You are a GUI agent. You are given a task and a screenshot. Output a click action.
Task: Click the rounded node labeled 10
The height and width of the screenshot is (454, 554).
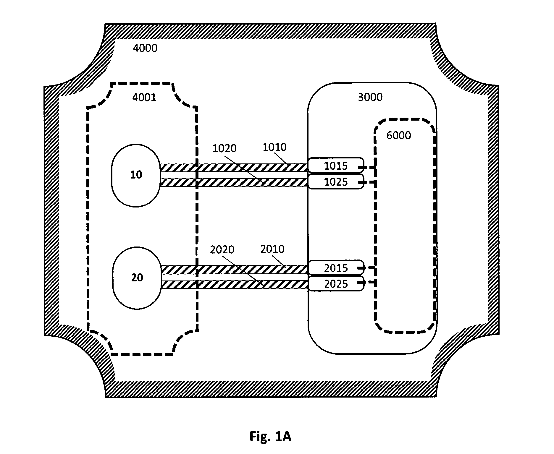pyautogui.click(x=136, y=175)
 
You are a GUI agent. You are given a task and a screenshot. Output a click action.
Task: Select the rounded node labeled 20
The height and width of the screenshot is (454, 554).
pyautogui.click(x=137, y=278)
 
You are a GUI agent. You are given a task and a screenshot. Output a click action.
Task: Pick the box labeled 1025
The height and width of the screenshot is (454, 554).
pyautogui.click(x=336, y=181)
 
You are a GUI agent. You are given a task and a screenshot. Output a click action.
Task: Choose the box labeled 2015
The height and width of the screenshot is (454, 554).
pyautogui.click(x=336, y=268)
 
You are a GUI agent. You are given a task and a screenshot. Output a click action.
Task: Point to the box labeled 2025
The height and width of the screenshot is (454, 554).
pyautogui.click(x=336, y=284)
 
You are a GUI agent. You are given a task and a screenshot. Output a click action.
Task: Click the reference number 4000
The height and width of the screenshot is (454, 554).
pyautogui.click(x=145, y=48)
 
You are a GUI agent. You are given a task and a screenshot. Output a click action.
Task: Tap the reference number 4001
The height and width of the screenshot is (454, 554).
pyautogui.click(x=144, y=97)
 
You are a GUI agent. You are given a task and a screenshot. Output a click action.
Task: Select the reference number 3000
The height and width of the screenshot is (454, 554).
pyautogui.click(x=370, y=97)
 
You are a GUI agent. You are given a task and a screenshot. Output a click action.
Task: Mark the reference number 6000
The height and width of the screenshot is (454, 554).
pyautogui.click(x=399, y=135)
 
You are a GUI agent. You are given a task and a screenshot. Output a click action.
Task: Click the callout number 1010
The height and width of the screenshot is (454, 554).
pyautogui.click(x=275, y=147)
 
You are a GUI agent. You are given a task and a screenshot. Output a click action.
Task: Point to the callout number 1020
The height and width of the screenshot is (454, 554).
pyautogui.click(x=224, y=148)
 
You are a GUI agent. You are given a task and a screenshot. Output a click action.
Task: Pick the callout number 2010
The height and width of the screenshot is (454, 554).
pyautogui.click(x=272, y=249)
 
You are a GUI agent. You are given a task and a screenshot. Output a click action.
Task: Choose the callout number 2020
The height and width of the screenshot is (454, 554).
pyautogui.click(x=222, y=250)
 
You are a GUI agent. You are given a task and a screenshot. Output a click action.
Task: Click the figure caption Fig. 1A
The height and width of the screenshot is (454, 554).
pyautogui.click(x=270, y=436)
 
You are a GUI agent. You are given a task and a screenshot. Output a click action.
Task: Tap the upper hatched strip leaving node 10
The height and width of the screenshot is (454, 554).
pyautogui.click(x=234, y=168)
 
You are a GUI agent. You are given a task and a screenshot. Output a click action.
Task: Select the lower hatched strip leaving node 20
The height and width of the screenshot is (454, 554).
pyautogui.click(x=235, y=284)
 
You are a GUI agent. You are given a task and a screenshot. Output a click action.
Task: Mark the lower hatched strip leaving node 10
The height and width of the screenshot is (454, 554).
pyautogui.click(x=234, y=182)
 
